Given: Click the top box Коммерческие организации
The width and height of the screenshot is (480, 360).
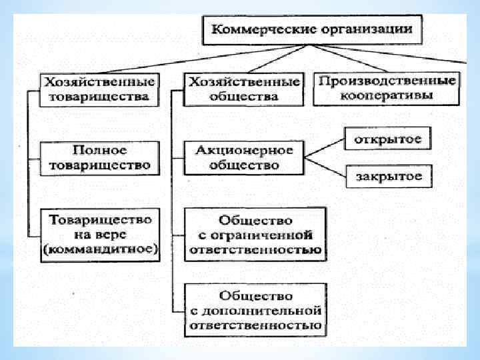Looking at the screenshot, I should [x=312, y=30].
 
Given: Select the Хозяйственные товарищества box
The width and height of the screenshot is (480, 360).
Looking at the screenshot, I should [x=100, y=89].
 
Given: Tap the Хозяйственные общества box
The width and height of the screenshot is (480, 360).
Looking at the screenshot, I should [x=243, y=89].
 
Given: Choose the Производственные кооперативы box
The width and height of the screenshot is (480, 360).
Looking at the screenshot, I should [x=387, y=89].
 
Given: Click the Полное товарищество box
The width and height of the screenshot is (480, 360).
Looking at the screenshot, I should [x=100, y=157].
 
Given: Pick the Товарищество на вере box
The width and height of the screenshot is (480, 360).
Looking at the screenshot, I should [x=100, y=234].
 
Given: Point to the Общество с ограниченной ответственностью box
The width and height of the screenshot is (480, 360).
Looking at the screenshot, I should [x=255, y=235].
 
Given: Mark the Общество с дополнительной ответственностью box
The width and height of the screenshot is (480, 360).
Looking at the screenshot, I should [x=255, y=310].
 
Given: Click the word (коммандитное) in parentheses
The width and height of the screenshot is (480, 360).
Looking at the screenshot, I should [x=100, y=250].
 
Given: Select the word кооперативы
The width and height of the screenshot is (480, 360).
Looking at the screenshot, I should [x=387, y=97].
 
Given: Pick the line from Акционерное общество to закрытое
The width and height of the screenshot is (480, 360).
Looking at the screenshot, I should [x=325, y=167].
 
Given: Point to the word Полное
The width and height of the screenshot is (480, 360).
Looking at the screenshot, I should [x=100, y=149].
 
